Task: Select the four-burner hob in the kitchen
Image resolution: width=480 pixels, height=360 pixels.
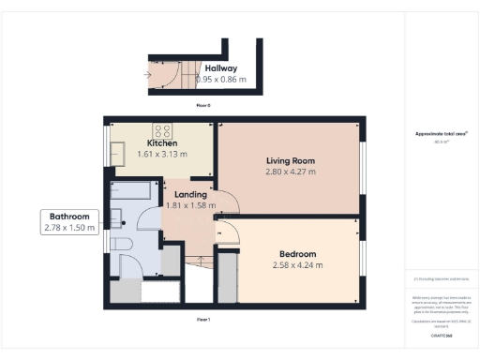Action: pyautogui.click(x=160, y=130)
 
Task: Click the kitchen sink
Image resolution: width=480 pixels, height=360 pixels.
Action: pyautogui.click(x=118, y=150)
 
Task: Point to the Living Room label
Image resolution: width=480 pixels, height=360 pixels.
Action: pyautogui.click(x=290, y=160)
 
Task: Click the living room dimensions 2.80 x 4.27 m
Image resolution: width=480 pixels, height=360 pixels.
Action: pyautogui.click(x=290, y=172)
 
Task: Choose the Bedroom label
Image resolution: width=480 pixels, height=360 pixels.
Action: pyautogui.click(x=296, y=254)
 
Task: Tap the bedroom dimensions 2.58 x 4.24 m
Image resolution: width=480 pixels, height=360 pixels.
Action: pyautogui.click(x=296, y=265)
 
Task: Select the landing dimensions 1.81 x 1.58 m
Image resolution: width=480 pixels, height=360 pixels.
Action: pyautogui.click(x=190, y=205)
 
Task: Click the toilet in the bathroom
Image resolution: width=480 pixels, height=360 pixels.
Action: pyautogui.click(x=121, y=246)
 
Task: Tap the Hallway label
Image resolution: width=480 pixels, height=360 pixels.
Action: pyautogui.click(x=221, y=68)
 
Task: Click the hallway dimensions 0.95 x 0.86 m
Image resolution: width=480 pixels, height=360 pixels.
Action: pyautogui.click(x=221, y=80)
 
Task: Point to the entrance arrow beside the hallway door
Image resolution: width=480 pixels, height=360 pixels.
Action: pyautogui.click(x=148, y=73)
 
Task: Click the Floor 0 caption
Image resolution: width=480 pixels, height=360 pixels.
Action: pyautogui.click(x=202, y=105)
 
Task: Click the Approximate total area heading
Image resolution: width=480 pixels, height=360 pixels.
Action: pyautogui.click(x=441, y=134)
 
